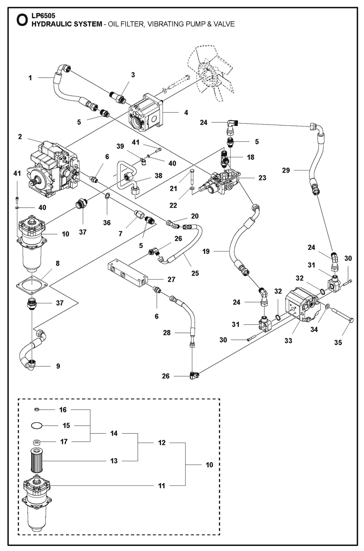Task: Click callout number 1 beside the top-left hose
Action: [x=30, y=78]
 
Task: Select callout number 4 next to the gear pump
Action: [x=186, y=112]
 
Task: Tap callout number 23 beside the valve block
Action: [x=262, y=178]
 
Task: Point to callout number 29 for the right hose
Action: [x=286, y=170]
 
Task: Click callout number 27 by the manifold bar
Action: [x=171, y=279]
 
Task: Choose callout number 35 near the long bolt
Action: [x=338, y=342]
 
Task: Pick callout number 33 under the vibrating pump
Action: [x=288, y=341]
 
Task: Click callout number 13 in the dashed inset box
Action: [x=114, y=461]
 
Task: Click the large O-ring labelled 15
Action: [x=37, y=426]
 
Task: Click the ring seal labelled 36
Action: [x=107, y=196]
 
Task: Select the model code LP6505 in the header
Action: [x=43, y=16]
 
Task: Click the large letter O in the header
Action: [x=22, y=21]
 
